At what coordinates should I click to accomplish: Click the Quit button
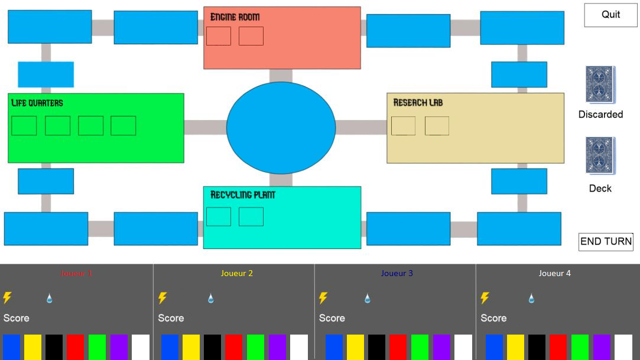coord(610,15)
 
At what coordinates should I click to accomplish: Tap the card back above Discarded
coord(600,85)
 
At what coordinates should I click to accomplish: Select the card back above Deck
coord(600,155)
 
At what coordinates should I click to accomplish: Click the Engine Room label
coord(235,17)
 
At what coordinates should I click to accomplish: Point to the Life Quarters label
coord(37,103)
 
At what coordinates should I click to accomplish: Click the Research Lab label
coord(418,103)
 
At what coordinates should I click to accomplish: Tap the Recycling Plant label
coord(243,194)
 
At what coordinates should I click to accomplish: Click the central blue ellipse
coord(281,128)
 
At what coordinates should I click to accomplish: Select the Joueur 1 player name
coord(76,273)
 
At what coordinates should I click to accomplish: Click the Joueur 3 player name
coord(397,273)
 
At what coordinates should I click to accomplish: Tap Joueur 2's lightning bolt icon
coord(163,298)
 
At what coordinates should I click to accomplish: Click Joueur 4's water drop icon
coord(531,299)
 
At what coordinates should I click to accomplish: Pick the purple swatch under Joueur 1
coord(119,347)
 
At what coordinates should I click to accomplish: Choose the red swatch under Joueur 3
coord(398,347)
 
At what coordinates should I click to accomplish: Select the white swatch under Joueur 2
coord(299,347)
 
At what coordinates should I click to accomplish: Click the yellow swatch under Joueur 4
coord(515,347)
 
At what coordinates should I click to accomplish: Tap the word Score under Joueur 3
coord(332,318)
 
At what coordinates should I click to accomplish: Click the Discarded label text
coord(600,114)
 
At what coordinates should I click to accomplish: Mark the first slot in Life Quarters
coord(24,125)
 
